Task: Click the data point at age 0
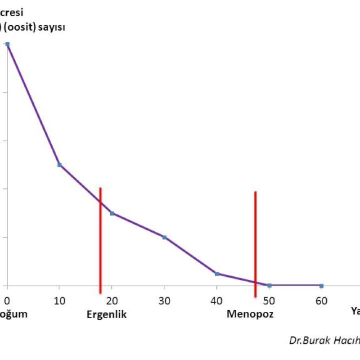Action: click(7, 44)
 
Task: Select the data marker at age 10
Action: click(59, 165)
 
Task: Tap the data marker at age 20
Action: click(112, 213)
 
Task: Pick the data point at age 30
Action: click(164, 237)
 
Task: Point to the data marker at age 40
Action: click(217, 274)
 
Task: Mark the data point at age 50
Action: click(269, 285)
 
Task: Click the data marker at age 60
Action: click(321, 286)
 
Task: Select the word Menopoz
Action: click(250, 314)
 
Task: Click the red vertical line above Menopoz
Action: click(255, 243)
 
